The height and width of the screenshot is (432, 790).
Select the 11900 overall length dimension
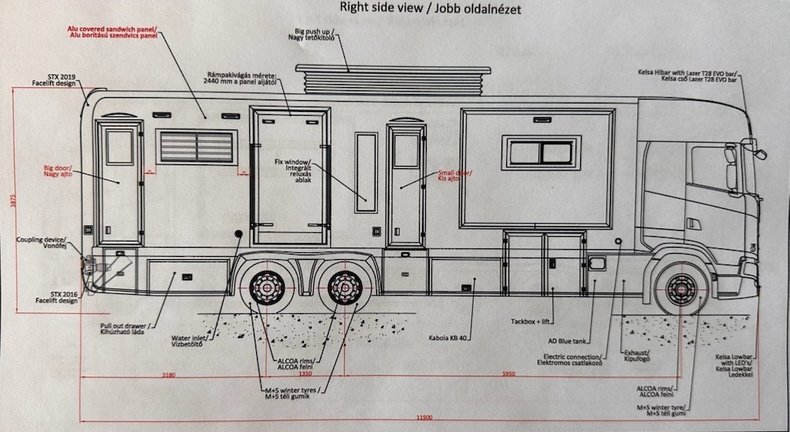coord(424,417)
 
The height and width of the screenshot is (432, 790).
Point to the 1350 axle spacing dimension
coord(306,375)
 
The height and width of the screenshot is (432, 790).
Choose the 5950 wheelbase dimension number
coord(508,375)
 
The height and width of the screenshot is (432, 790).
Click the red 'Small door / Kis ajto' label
coord(455,176)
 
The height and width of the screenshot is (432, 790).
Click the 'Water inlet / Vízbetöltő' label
coord(187,342)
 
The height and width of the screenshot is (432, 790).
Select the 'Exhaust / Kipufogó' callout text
coord(637,356)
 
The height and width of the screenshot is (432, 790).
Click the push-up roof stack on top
coord(393,80)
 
